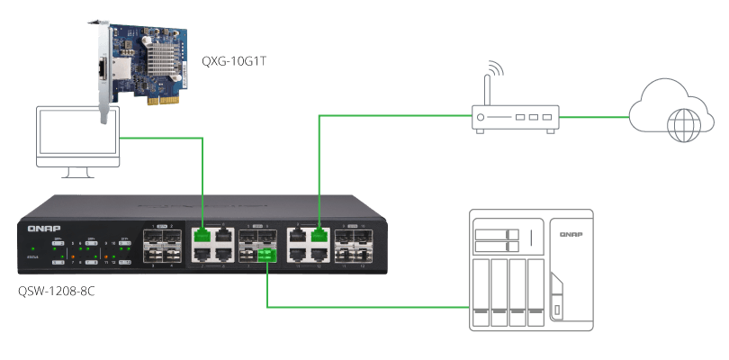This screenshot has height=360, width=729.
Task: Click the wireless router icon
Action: [x=516, y=117]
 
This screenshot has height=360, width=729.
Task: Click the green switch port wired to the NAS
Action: [x=267, y=257]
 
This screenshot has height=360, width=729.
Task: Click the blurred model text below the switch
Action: [x=58, y=292]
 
